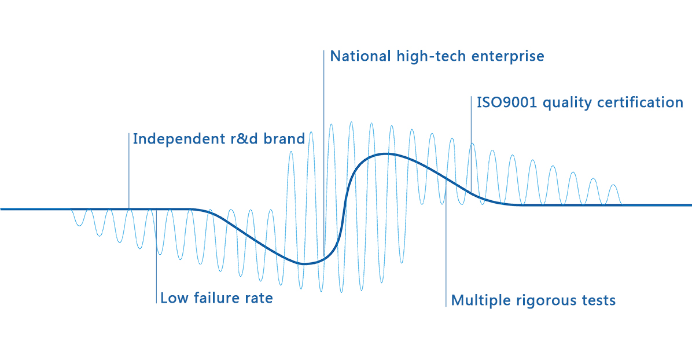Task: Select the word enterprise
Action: tap(508, 57)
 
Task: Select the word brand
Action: tap(284, 139)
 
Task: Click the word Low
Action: tap(174, 298)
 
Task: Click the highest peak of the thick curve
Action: tap(387, 154)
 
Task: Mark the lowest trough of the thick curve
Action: tap(304, 264)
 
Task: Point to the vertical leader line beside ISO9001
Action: tap(471, 145)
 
